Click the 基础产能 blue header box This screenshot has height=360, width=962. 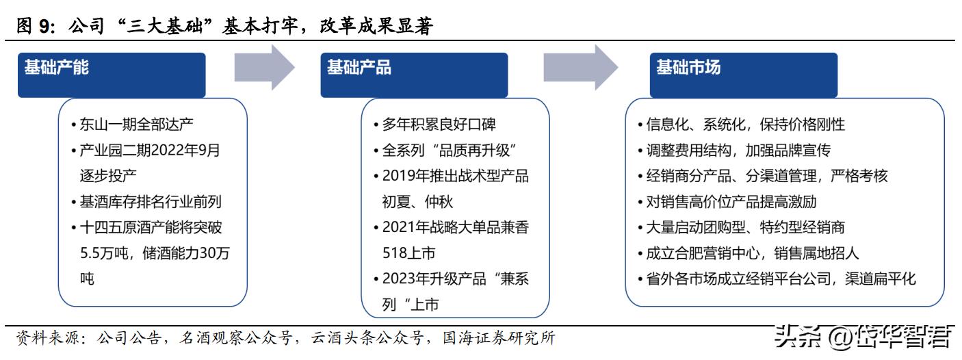(x=112, y=74)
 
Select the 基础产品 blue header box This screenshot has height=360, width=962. (x=414, y=74)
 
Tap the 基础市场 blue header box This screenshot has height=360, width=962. (x=744, y=74)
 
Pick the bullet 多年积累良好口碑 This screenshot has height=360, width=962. (x=435, y=125)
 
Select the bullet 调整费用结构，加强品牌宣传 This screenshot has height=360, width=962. (x=735, y=150)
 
